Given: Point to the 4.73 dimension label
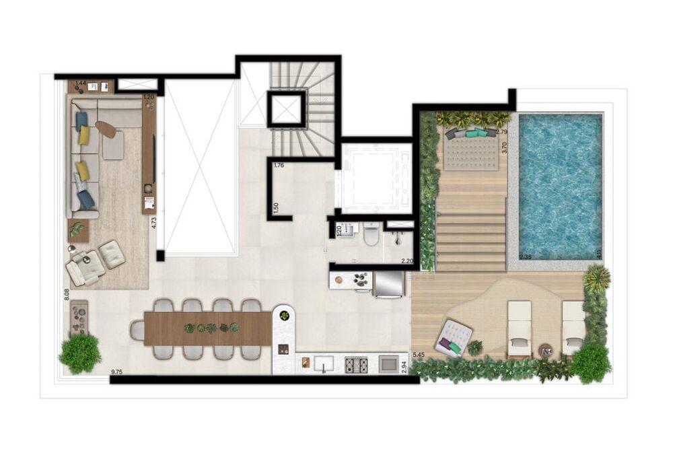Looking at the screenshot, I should [x=154, y=222].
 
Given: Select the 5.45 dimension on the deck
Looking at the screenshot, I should [x=418, y=354].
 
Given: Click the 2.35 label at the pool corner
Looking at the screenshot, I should [x=526, y=256].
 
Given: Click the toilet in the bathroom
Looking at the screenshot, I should [x=370, y=236].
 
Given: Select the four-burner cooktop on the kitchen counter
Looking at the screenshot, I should [x=355, y=364].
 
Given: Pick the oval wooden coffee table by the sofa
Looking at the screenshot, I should [x=106, y=129].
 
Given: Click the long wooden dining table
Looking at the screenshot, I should [x=207, y=329].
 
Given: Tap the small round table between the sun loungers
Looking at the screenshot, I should [x=546, y=350].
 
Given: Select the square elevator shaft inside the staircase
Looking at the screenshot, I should [x=287, y=109].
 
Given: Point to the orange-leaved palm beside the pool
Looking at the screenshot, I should [x=596, y=278].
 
